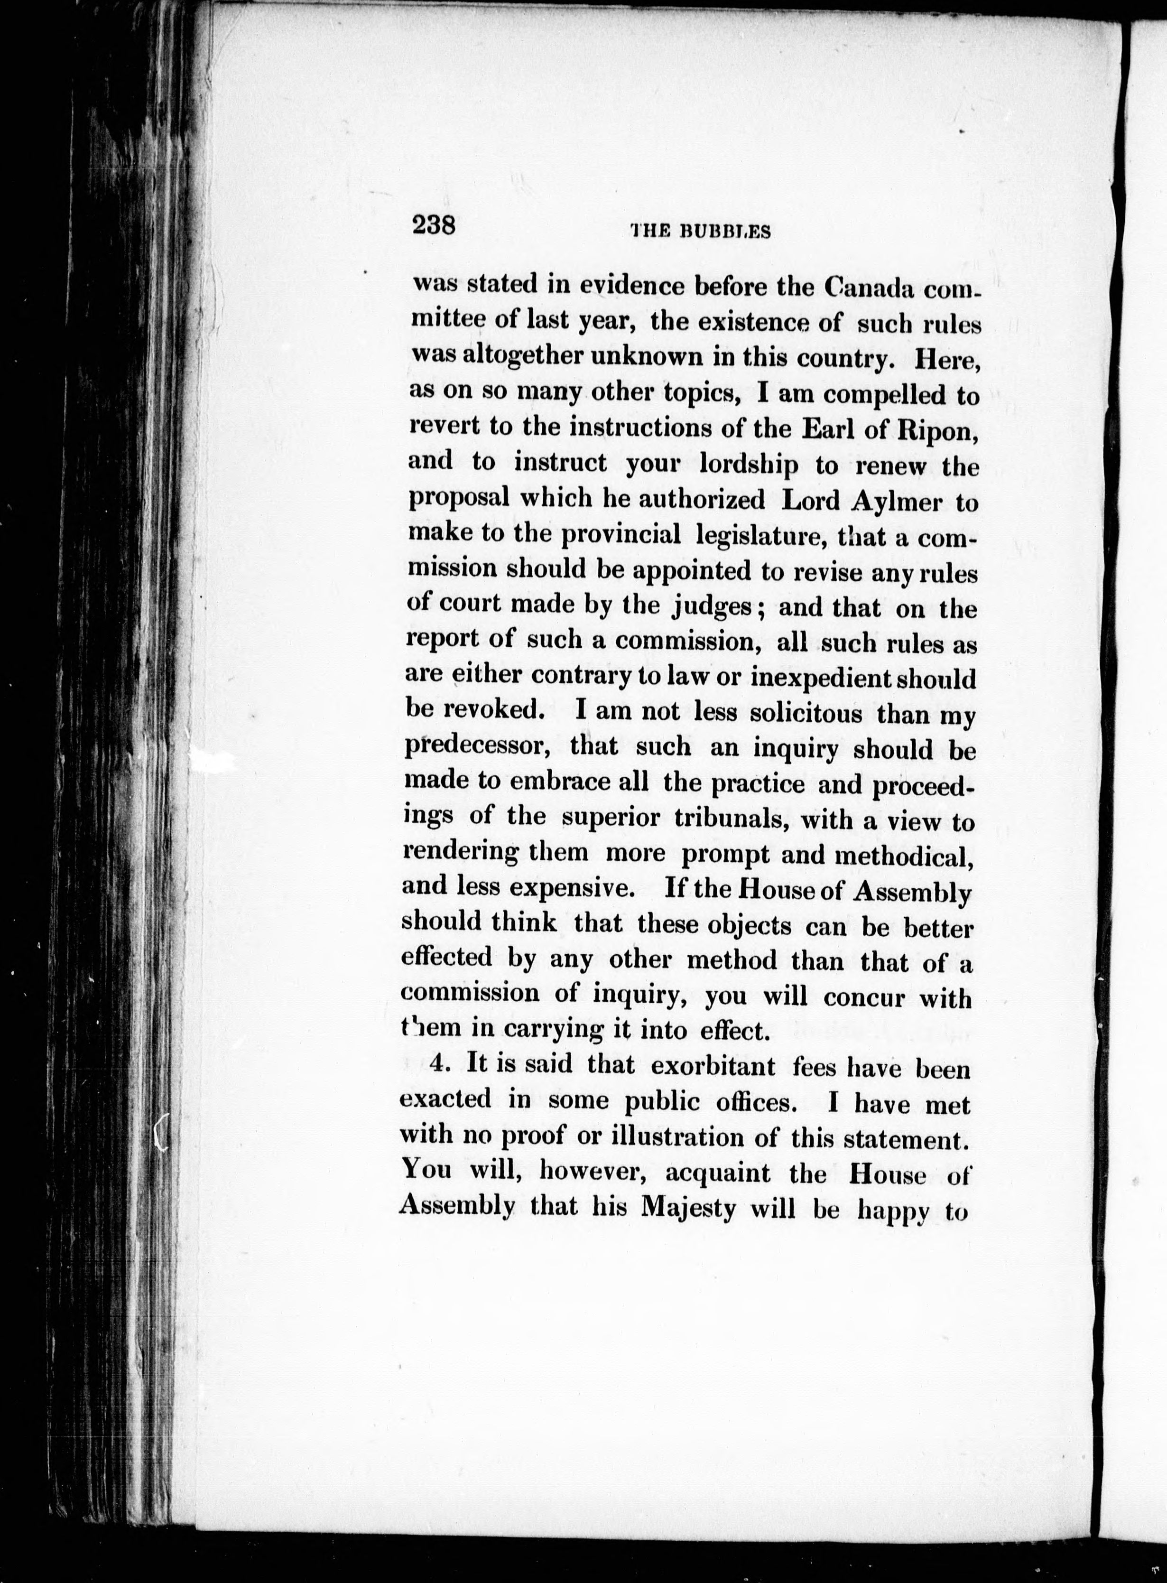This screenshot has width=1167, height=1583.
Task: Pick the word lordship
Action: coord(748,465)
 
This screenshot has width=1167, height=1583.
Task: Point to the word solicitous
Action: coord(806,713)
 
